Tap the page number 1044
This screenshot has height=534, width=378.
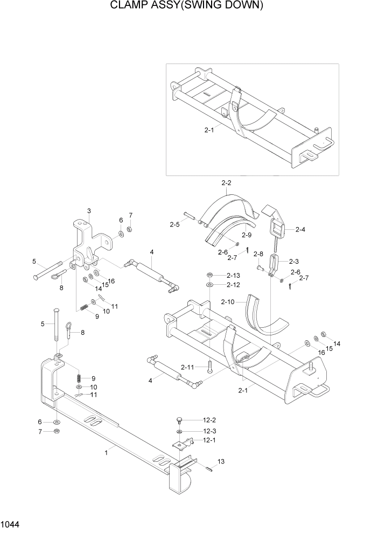12,522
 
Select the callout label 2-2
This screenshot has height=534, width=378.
226,184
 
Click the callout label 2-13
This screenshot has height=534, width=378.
233,275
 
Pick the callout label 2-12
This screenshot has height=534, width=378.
233,284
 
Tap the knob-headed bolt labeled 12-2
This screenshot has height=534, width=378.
179,420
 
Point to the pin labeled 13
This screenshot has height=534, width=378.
209,467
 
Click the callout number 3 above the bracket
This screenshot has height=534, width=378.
89,210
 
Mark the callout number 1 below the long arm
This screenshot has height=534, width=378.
106,453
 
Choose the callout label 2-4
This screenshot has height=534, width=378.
300,229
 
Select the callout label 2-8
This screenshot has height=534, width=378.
258,254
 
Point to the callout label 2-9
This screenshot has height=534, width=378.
247,235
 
